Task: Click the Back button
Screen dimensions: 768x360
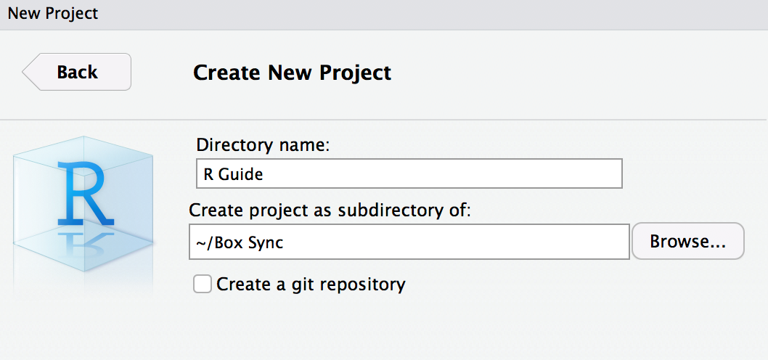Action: click(x=76, y=72)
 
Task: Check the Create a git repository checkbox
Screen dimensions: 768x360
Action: click(x=203, y=284)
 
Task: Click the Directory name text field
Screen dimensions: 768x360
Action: click(x=409, y=173)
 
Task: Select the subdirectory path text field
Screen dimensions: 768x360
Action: click(x=409, y=242)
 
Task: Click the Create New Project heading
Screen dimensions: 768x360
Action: click(x=293, y=73)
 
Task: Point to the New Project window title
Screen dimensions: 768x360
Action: click(x=53, y=13)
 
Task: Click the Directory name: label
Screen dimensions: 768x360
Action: click(x=261, y=145)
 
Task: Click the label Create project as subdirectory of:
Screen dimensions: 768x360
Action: click(x=330, y=210)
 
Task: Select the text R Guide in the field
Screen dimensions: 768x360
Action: click(x=233, y=174)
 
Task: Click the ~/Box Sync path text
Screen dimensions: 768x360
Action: click(x=240, y=242)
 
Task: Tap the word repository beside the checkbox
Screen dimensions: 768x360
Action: click(x=358, y=285)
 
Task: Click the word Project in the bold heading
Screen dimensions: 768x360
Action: click(x=355, y=73)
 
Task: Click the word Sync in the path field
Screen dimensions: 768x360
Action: click(x=266, y=242)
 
